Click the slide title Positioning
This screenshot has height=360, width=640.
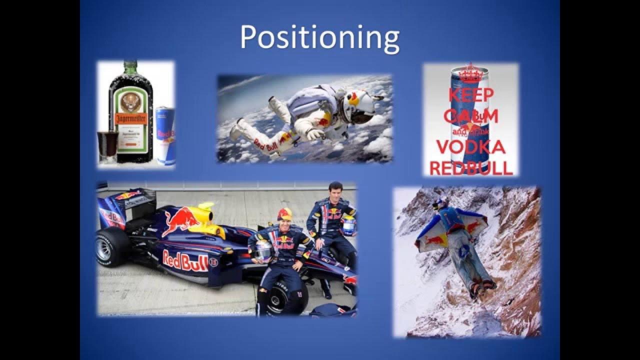tap(319, 37)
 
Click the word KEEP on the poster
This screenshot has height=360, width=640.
tap(470, 95)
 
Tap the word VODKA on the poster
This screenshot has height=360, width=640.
tap(470, 148)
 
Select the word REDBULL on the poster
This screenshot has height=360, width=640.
tap(470, 168)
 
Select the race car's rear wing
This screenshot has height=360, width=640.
tap(120, 205)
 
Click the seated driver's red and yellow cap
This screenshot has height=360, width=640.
tap(285, 214)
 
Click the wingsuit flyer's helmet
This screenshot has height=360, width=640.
tap(439, 203)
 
